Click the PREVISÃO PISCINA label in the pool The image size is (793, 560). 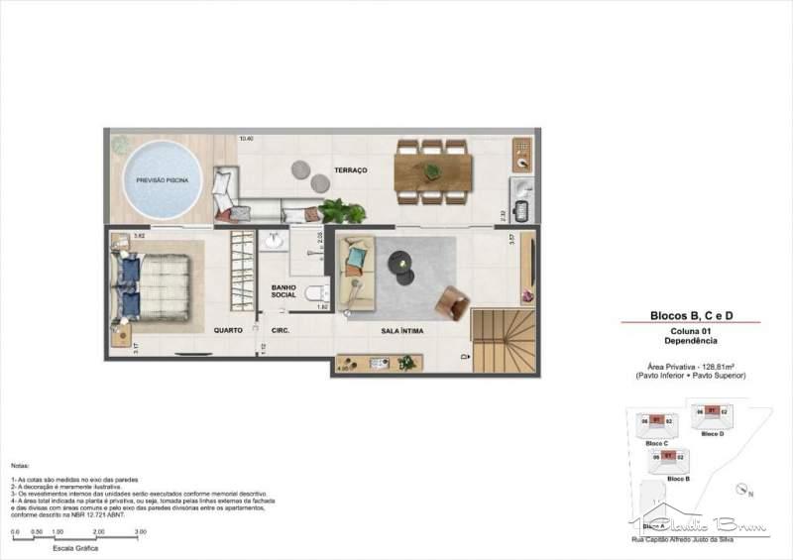tap(162, 180)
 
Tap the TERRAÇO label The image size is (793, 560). tap(350, 170)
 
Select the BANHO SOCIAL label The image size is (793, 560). tap(284, 291)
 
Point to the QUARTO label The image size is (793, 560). tap(229, 329)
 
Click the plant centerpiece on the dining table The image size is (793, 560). tap(432, 171)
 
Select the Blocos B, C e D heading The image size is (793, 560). tap(690, 315)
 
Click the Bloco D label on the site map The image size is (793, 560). tap(712, 433)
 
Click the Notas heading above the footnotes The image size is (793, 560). tap(20, 464)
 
